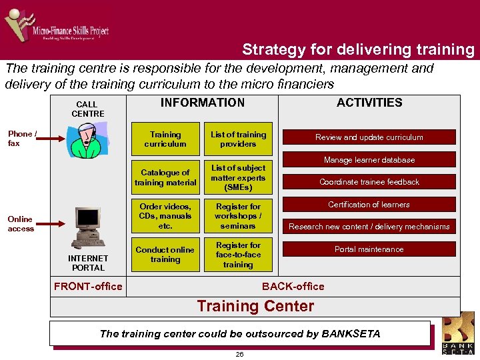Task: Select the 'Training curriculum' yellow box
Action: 165,139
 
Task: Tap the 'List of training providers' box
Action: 238,139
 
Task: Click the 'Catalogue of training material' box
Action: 165,178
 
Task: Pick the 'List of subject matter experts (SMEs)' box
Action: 238,178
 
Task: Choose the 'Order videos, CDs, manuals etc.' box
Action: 165,216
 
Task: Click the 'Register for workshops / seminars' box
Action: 238,216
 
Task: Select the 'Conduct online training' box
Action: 165,255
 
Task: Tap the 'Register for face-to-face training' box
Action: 238,255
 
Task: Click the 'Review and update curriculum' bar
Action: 369,137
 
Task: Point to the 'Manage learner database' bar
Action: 369,160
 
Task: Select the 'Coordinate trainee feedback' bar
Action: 369,182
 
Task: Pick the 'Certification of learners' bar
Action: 369,205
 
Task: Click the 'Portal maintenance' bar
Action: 369,249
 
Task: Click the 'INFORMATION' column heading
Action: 202,103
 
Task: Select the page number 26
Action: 239,354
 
